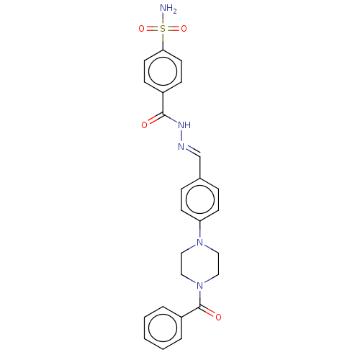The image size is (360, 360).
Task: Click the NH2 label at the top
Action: point(167,9)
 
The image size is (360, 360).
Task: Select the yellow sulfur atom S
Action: point(163,29)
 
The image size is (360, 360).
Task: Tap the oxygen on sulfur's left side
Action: point(142,29)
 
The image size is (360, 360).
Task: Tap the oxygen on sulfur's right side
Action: point(184,29)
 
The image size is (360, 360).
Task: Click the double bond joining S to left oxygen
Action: point(152,29)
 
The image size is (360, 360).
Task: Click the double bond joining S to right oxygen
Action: point(174,29)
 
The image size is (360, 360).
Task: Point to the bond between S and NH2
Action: point(163,19)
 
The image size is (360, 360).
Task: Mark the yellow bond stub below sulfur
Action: point(163,37)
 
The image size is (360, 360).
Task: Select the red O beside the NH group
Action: point(145,125)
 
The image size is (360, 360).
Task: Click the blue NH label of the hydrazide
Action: point(184,125)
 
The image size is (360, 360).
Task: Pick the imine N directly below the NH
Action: point(181,146)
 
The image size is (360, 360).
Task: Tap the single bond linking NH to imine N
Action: point(183,136)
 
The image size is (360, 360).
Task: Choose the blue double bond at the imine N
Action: point(189,150)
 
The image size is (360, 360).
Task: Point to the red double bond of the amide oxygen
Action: point(153,120)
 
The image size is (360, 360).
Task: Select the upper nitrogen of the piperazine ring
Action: point(200,243)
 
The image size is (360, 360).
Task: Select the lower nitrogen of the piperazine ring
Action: point(200,286)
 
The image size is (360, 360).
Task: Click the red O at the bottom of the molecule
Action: point(218,317)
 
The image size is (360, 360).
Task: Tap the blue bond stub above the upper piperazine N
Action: point(200,233)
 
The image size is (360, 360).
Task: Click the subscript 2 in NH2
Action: point(174,11)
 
